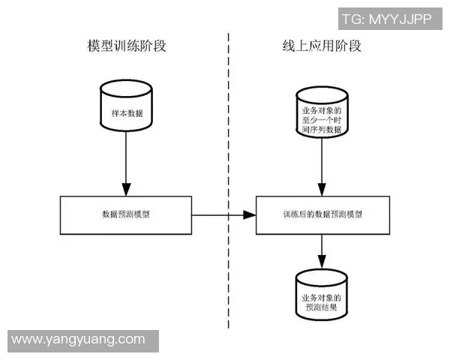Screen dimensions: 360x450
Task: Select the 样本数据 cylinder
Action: click(126, 112)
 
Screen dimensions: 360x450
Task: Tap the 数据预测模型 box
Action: click(126, 214)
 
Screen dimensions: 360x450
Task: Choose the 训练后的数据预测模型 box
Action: click(322, 214)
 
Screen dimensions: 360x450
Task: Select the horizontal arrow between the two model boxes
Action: click(223, 215)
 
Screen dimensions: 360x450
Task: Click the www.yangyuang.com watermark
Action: click(79, 340)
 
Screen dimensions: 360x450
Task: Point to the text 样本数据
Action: click(126, 115)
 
